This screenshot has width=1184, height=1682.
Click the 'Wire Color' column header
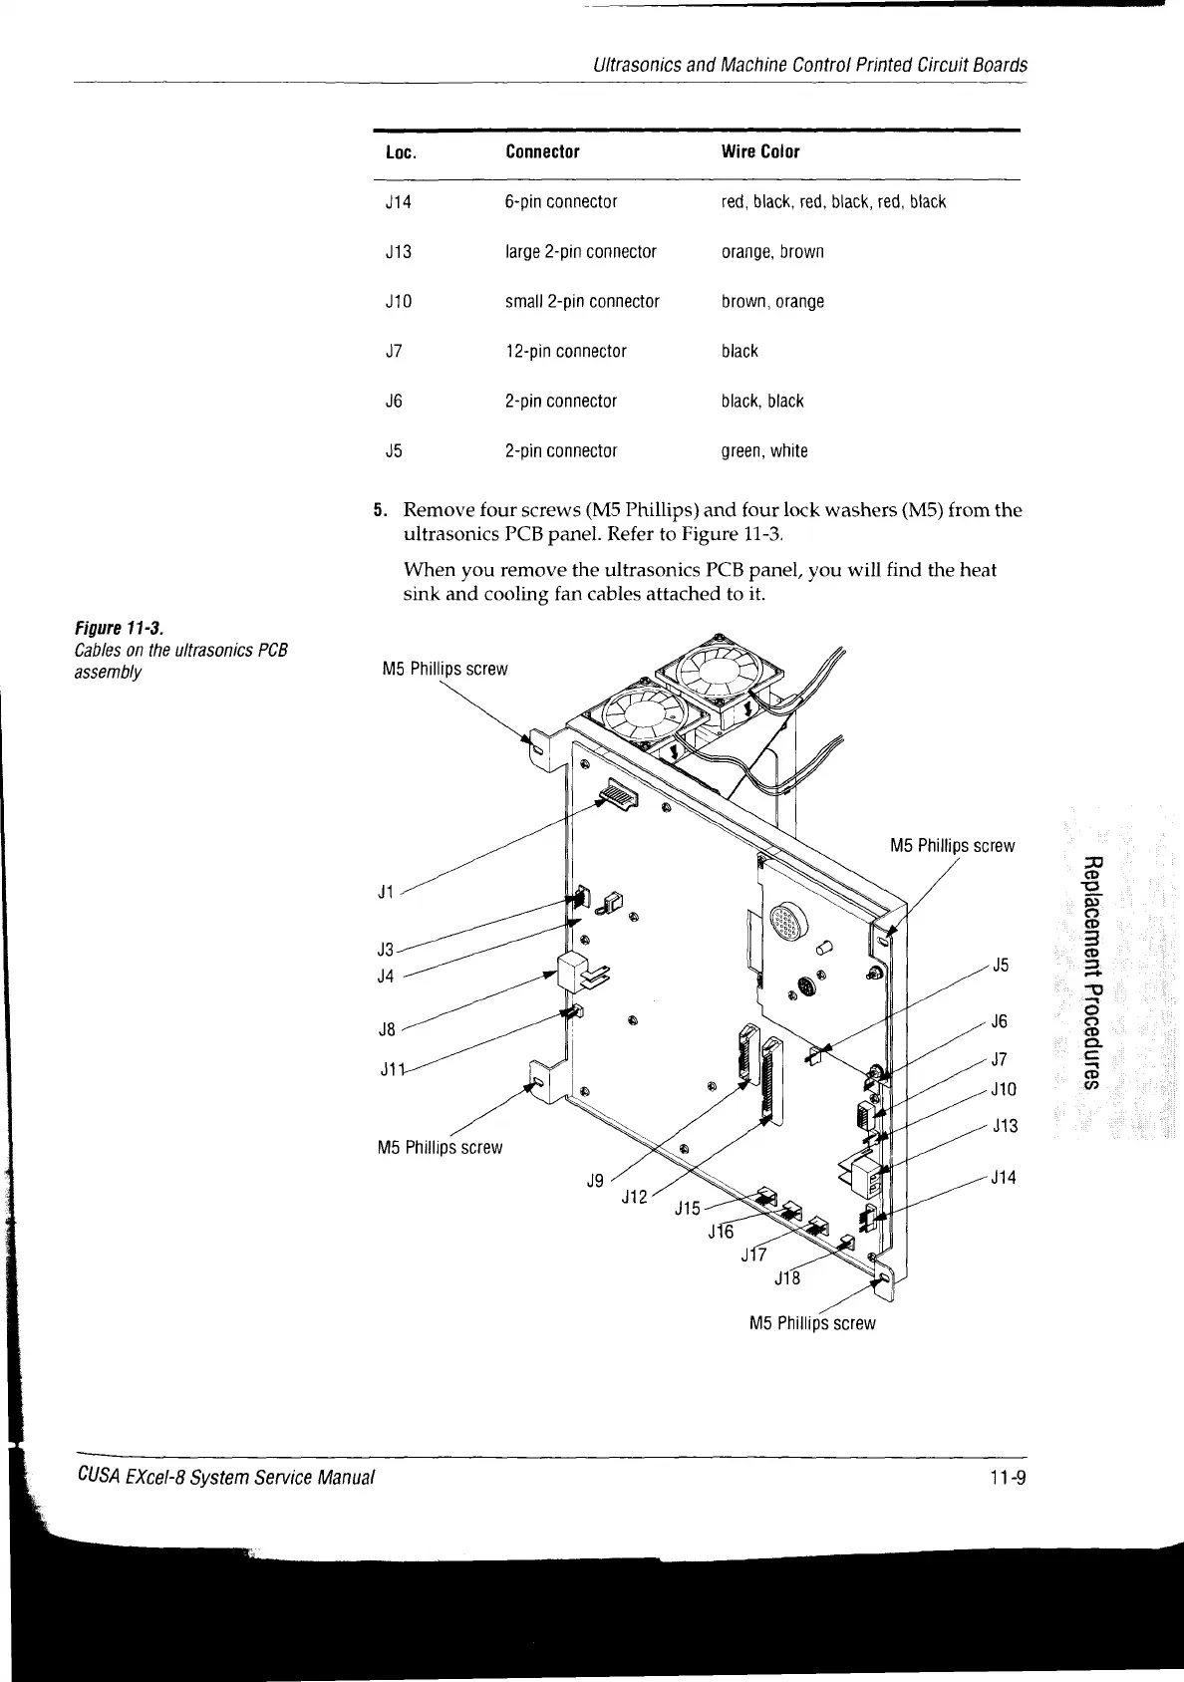click(x=759, y=152)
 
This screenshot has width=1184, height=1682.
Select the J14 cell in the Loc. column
click(x=398, y=202)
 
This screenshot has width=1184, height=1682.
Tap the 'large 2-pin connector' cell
click(x=580, y=252)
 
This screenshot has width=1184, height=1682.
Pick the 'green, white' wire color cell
click(x=764, y=451)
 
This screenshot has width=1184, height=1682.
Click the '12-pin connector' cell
click(x=565, y=352)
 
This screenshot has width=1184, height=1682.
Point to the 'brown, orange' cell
click(x=772, y=302)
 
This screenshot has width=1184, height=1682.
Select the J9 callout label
click(x=595, y=1181)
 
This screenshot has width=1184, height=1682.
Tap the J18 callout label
click(x=787, y=1277)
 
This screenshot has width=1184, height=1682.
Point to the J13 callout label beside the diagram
click(x=1005, y=1126)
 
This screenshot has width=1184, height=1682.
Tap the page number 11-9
click(x=1009, y=1478)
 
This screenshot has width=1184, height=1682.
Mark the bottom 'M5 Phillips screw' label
click(x=811, y=1323)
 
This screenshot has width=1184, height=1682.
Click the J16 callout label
click(x=720, y=1232)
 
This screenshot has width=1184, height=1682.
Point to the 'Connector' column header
click(x=542, y=152)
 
